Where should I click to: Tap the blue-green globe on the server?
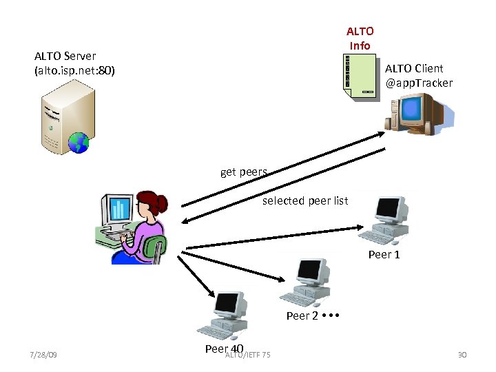(79, 142)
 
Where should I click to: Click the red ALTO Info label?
(360, 39)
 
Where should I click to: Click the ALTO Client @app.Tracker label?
(418, 76)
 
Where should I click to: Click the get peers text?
(243, 172)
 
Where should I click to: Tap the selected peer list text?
(304, 201)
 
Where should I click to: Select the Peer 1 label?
(384, 255)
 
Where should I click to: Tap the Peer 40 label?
(224, 349)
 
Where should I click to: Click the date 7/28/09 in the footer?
(43, 355)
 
